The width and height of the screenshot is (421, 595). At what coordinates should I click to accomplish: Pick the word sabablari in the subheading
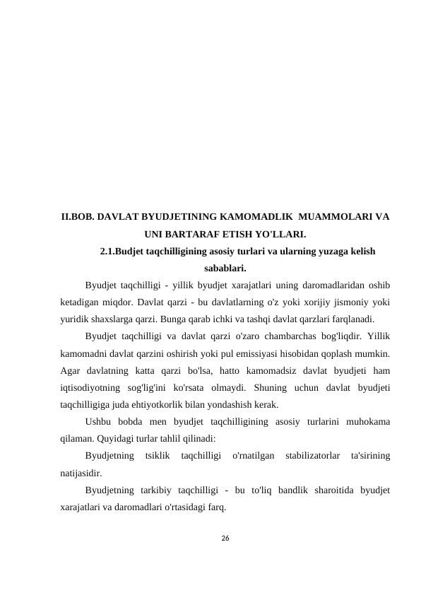click(225, 268)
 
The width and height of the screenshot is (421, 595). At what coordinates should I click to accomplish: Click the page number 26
click(225, 538)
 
